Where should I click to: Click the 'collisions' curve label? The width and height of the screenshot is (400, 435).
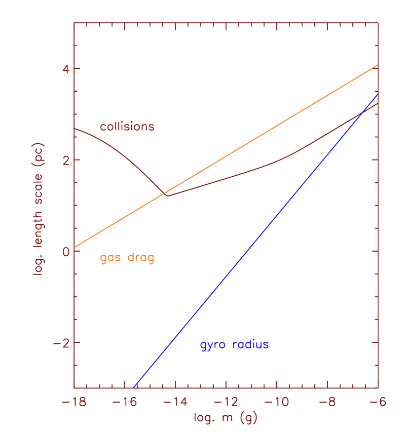127,127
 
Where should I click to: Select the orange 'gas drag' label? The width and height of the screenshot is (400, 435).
127,258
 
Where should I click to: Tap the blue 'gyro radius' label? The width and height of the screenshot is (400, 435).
234,345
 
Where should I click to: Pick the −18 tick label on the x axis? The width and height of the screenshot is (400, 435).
74,402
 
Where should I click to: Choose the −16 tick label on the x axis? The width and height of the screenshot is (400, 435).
125,402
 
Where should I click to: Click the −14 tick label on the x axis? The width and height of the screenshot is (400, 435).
175,402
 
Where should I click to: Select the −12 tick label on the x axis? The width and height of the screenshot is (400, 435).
226,402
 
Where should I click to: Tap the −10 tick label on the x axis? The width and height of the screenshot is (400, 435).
277,402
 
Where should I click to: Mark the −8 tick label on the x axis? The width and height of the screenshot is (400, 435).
328,402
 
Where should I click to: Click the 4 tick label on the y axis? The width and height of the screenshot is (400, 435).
64,69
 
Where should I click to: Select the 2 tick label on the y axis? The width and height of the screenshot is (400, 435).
64,160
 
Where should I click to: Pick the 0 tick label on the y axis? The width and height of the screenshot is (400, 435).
64,251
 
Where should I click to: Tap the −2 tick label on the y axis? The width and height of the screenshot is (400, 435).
60,342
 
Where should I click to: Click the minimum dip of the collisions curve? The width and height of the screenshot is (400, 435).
167,195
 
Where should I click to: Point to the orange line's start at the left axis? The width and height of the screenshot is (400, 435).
75,247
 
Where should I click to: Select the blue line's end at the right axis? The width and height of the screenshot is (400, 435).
378,94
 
